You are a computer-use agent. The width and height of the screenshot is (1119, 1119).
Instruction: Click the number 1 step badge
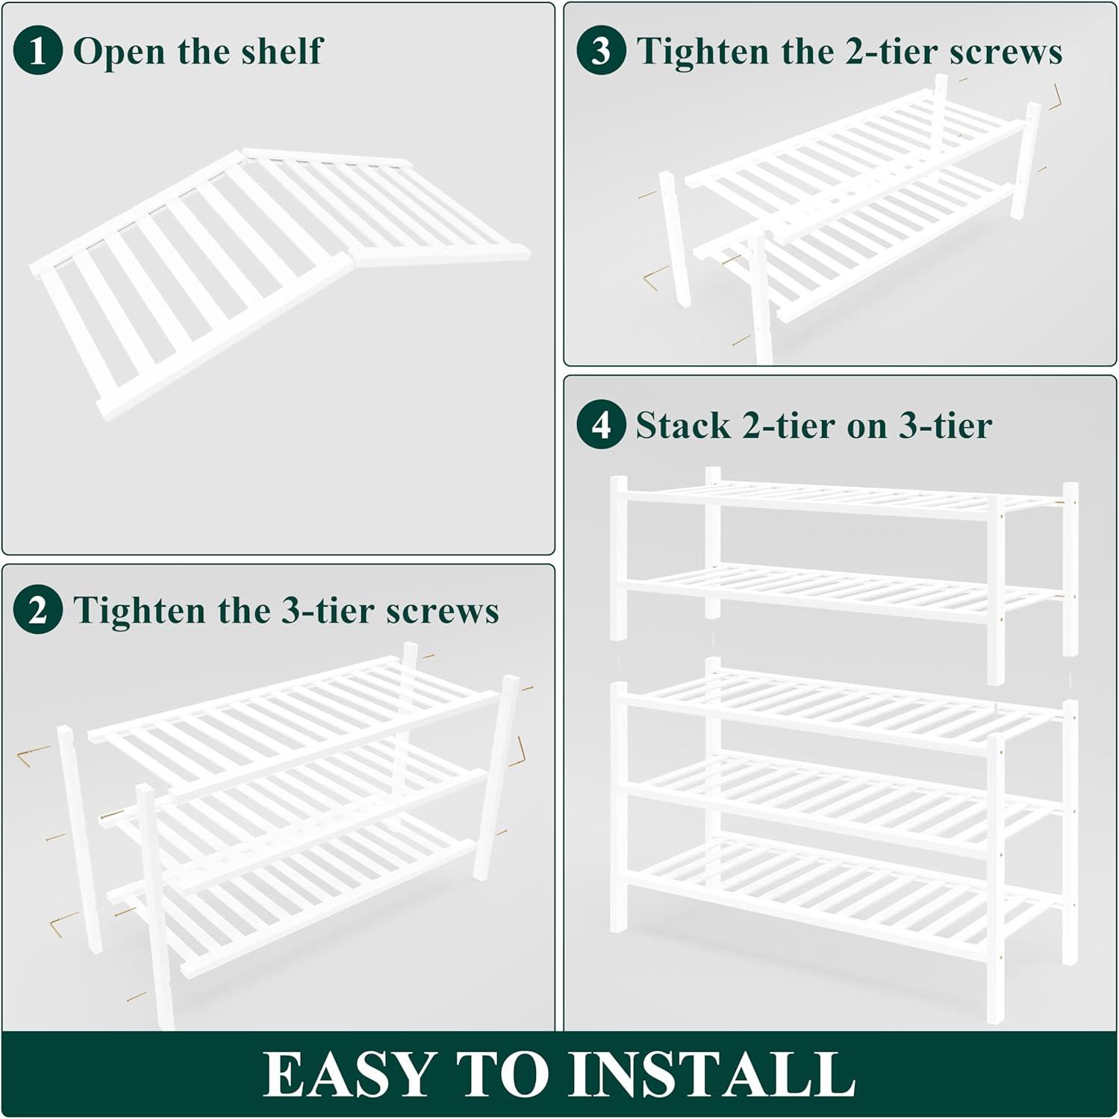point(37,51)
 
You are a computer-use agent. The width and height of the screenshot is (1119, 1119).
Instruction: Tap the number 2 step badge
point(37,610)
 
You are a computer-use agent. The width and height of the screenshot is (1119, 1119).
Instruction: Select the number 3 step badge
point(601,51)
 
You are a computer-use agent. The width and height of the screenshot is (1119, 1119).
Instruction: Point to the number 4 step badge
point(601,425)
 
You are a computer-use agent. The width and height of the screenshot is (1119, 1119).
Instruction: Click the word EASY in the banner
point(349,1074)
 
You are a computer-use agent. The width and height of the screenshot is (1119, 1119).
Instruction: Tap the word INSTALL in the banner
point(712,1074)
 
